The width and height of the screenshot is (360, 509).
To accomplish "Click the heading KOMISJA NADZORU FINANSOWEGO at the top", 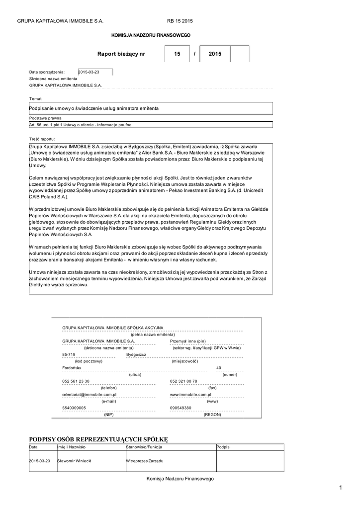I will (150, 35).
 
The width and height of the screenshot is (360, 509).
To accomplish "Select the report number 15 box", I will (178, 54).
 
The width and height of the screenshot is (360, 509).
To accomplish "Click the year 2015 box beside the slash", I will (215, 54).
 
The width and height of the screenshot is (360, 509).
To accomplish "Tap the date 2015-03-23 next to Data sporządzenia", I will (90, 72).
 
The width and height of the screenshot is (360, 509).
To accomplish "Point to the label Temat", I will (36, 98).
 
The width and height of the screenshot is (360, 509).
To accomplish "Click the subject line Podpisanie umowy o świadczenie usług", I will (94, 108).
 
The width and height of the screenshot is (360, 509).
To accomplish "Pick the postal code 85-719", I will (69, 354).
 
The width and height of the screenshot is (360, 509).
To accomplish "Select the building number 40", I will (218, 368).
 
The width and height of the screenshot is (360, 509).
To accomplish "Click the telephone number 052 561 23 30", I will (76, 381).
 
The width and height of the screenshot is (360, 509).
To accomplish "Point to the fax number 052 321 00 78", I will (183, 381).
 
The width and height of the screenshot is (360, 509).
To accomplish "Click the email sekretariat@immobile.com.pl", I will (89, 394).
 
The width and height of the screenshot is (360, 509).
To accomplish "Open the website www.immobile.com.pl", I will (191, 394).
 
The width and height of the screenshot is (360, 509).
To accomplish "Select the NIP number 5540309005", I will (74, 407).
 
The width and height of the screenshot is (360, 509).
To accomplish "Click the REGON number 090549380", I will (180, 407).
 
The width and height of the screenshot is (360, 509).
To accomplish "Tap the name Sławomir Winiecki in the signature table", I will (75, 461).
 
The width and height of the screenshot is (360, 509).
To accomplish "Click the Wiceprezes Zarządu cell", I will (145, 461).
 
